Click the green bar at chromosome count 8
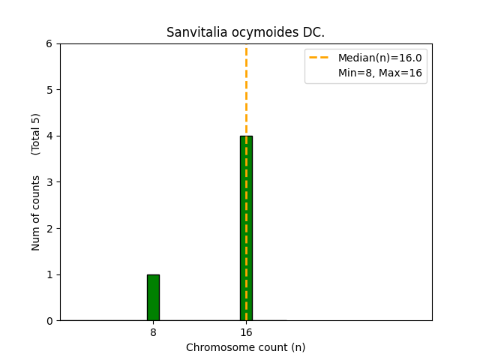153,298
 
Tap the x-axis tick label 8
153,332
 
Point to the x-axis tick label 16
246,332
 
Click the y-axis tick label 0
49,321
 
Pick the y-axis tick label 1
49,274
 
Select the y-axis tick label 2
49,229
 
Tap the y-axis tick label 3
49,182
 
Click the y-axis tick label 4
49,136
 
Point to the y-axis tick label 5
49,90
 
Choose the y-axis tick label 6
49,44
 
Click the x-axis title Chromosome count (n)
246,347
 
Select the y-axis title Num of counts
36,212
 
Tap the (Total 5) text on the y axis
36,133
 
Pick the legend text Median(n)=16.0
380,58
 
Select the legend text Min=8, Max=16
380,73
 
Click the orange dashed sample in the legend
319,58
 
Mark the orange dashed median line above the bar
246,90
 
